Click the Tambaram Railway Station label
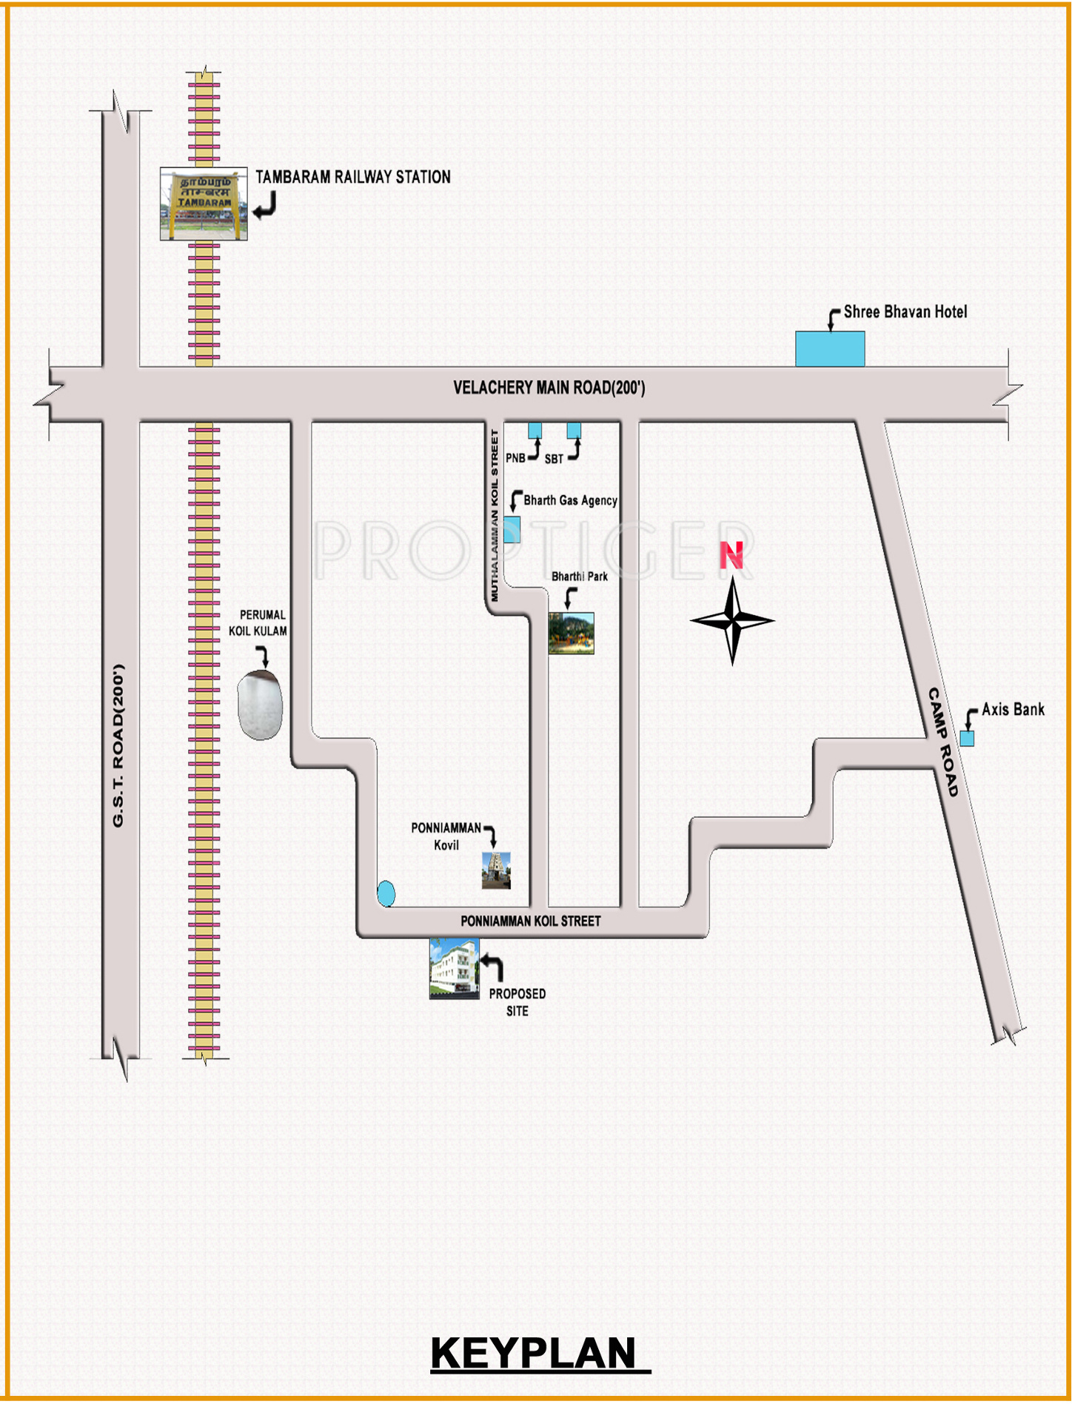coord(353,177)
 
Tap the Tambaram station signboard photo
coord(204,204)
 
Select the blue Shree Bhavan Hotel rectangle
coord(830,349)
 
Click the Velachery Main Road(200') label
coord(549,388)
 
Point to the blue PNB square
coord(535,431)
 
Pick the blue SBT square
coord(574,431)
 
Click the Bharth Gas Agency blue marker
coord(512,530)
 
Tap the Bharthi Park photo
coord(571,633)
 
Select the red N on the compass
coord(731,555)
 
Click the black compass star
coord(732,621)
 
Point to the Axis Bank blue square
coord(967,738)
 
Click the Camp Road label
coord(943,742)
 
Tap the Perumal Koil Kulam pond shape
coord(260,705)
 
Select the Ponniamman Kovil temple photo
coord(496,870)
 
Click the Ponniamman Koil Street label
coord(531,921)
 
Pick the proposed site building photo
coord(454,968)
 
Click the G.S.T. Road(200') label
coord(118,745)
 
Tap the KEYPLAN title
coord(534,1354)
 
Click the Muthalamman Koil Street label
coord(495,515)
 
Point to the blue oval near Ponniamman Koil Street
coord(386,893)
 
